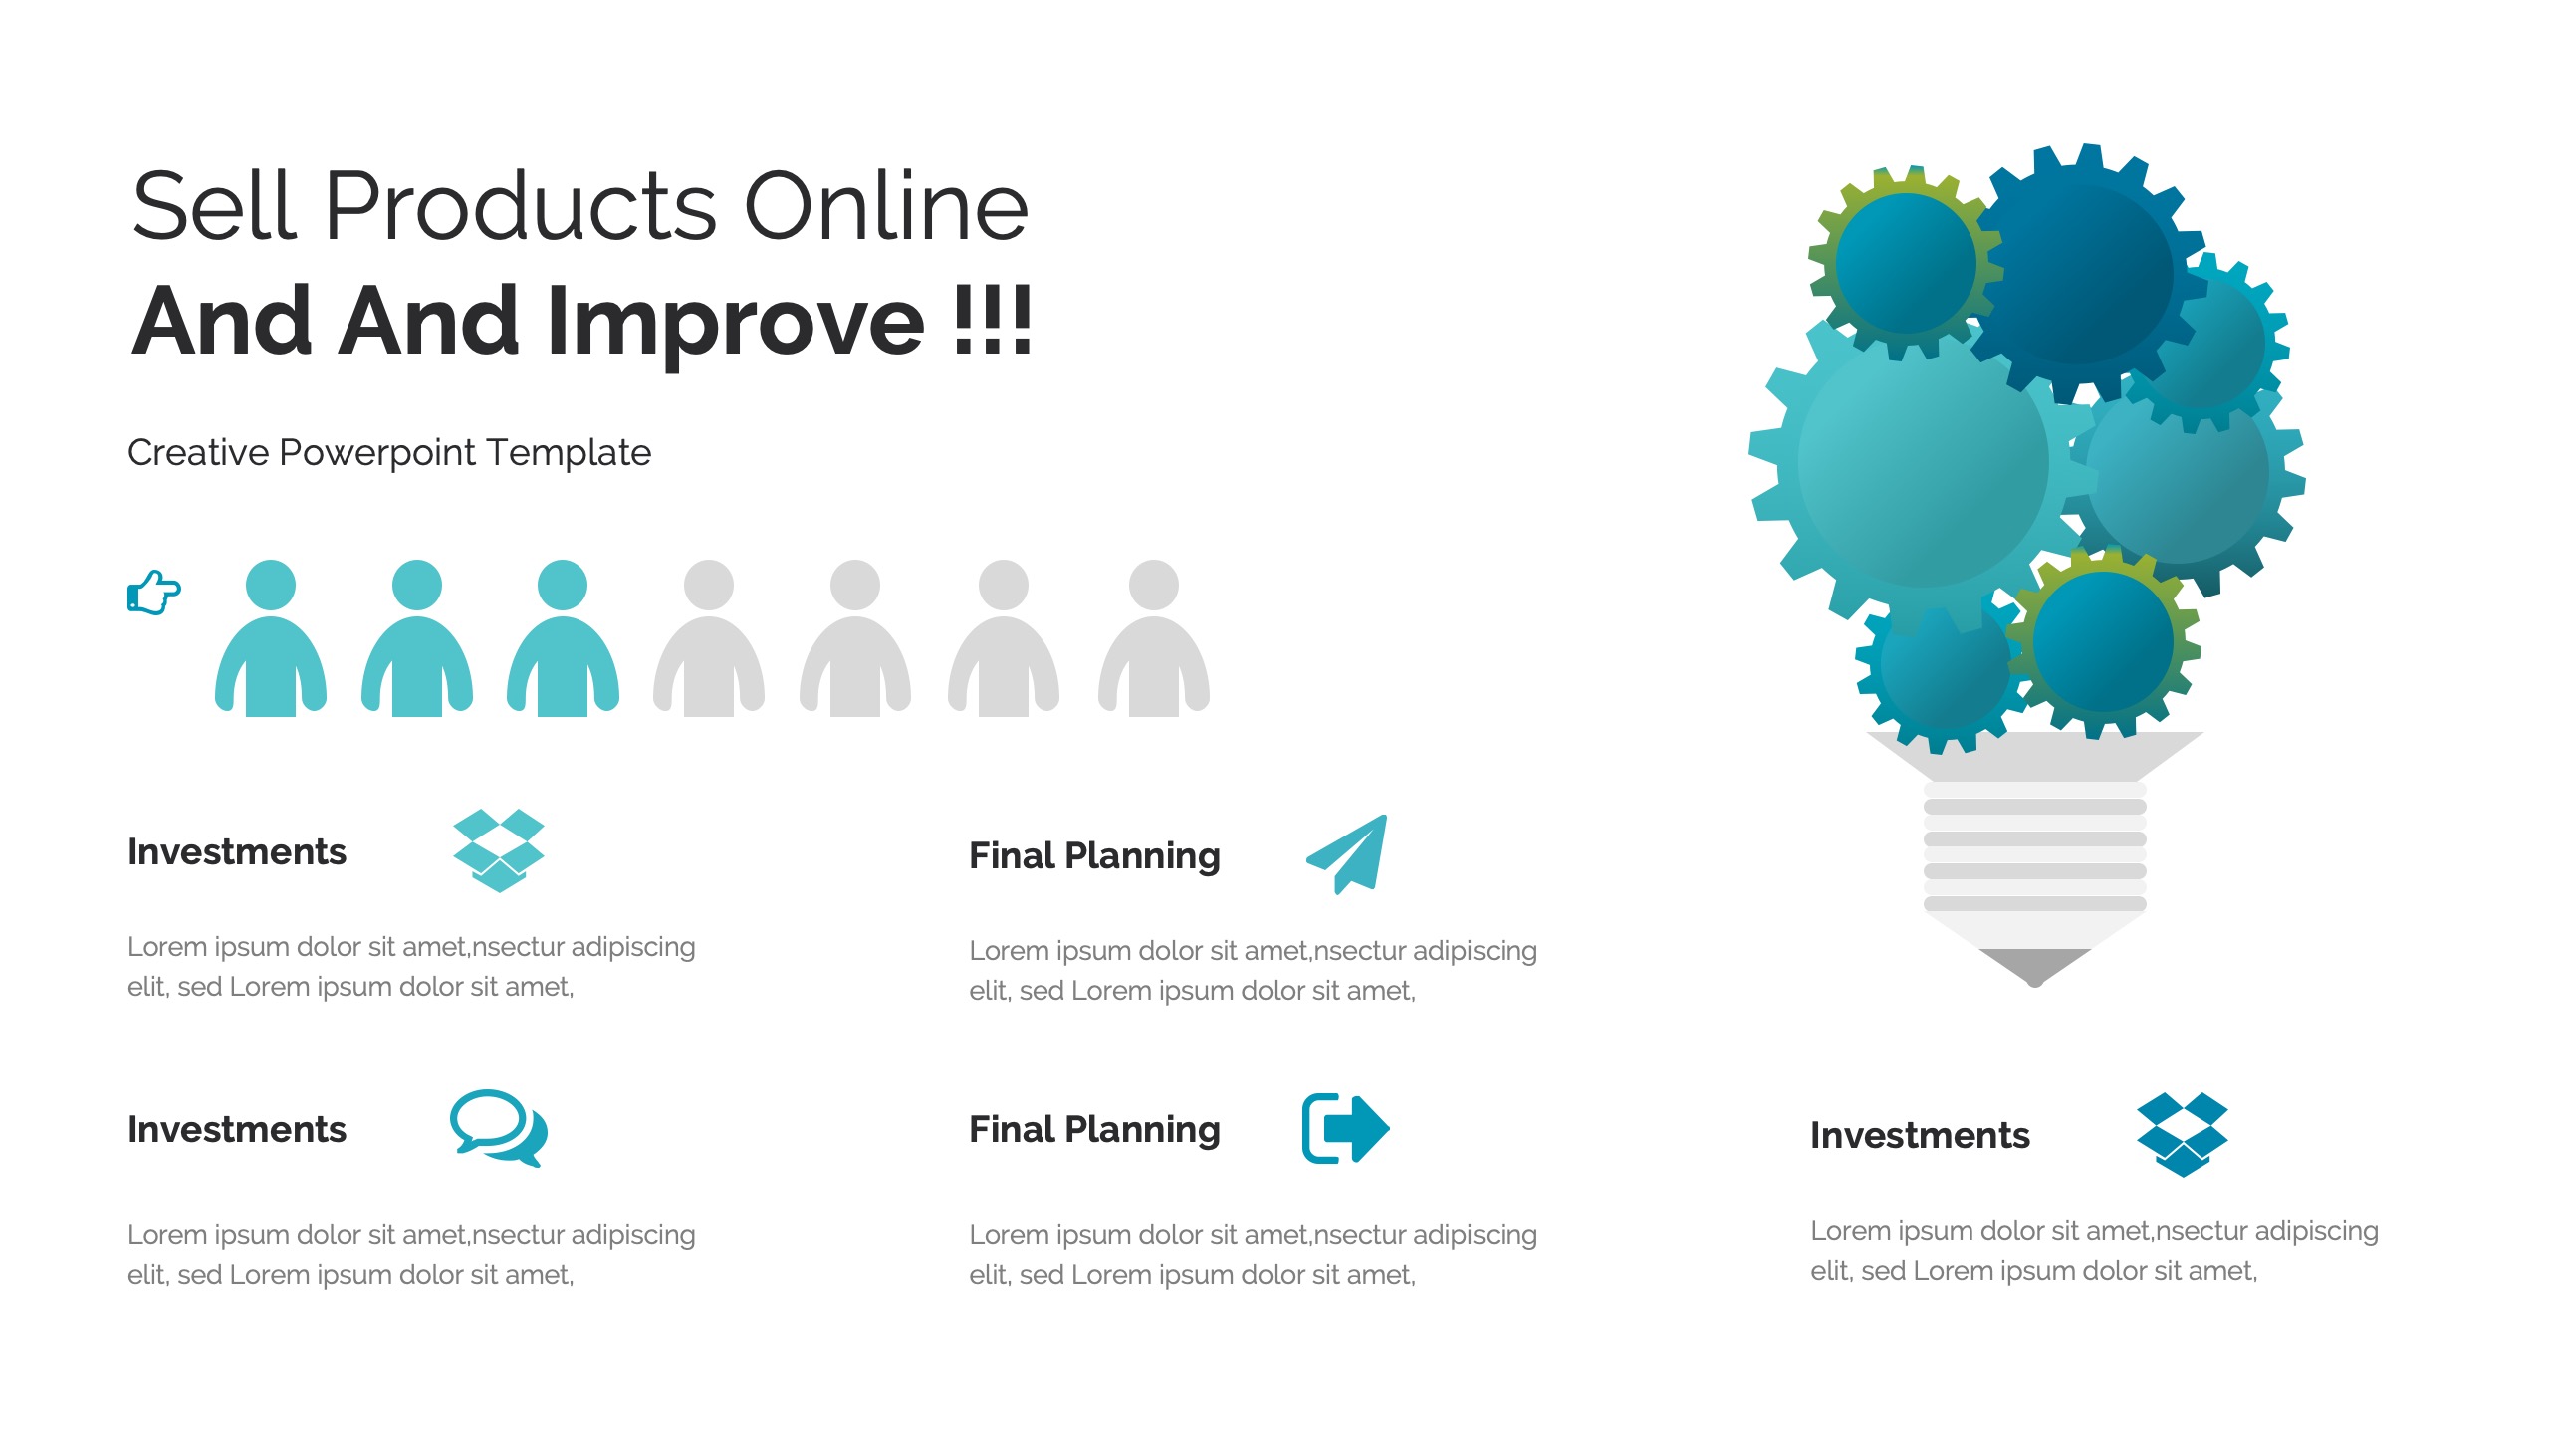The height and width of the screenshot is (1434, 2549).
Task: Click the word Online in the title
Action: coord(886,206)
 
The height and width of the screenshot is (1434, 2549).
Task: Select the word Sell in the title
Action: coord(215,206)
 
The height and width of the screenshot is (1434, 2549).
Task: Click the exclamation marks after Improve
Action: coord(993,319)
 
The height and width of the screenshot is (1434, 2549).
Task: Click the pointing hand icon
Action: coord(154,593)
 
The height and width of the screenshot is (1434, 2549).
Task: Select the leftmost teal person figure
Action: coord(271,637)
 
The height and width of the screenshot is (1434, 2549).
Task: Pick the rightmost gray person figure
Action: coord(1154,637)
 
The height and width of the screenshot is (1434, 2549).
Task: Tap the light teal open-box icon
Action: coord(499,851)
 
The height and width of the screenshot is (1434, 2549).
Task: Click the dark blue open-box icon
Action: coord(2183,1135)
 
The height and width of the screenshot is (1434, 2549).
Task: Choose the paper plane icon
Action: coord(1347,854)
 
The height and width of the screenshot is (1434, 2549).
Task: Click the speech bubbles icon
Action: coord(499,1128)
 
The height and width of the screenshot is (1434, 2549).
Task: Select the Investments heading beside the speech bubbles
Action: coord(237,1130)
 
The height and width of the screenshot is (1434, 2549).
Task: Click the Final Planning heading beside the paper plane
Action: coord(1094,856)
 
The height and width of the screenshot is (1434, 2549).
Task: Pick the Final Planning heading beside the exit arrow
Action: coord(1094,1130)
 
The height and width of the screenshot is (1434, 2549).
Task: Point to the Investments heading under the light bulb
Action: coord(1920,1136)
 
